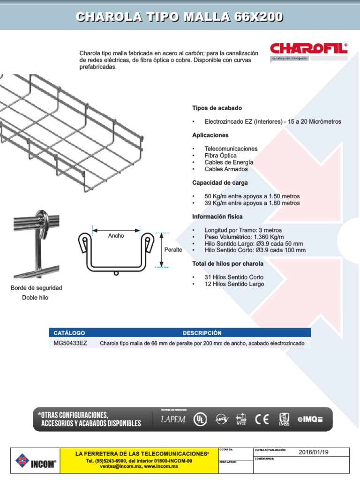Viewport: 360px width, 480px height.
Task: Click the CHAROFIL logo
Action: pyautogui.click(x=308, y=49)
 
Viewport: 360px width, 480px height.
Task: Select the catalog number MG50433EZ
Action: pyautogui.click(x=70, y=343)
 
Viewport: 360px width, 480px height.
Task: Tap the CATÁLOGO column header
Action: pyautogui.click(x=69, y=333)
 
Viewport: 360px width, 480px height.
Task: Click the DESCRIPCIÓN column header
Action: pyautogui.click(x=202, y=333)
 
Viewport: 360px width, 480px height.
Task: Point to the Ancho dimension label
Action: pyautogui.click(x=116, y=236)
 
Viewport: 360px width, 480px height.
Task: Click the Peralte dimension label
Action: pyautogui.click(x=173, y=249)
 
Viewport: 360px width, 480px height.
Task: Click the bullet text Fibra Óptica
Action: pyautogui.click(x=220, y=155)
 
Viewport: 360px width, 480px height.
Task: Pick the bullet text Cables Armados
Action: pyautogui.click(x=226, y=169)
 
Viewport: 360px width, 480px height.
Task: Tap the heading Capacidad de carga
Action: pyautogui.click(x=220, y=182)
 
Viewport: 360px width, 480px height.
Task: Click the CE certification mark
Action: pyautogui.click(x=262, y=419)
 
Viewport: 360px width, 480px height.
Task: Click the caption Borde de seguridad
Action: pyautogui.click(x=37, y=287)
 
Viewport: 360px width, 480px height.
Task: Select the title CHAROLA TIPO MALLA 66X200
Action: pyautogui.click(x=180, y=17)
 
